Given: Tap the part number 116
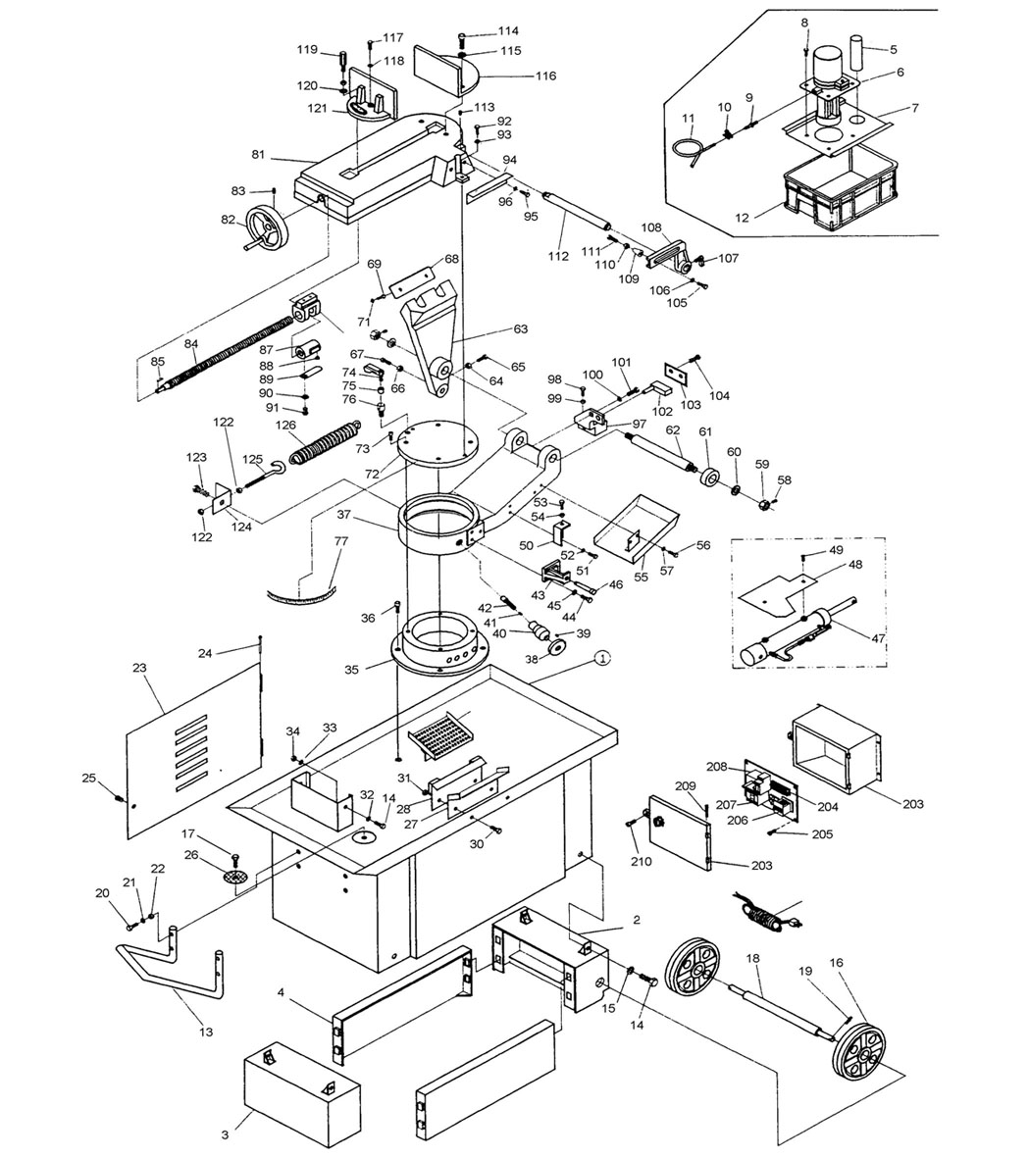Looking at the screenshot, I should click(x=544, y=76).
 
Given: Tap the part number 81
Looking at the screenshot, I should click(x=259, y=154).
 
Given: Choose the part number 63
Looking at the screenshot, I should click(x=520, y=329).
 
